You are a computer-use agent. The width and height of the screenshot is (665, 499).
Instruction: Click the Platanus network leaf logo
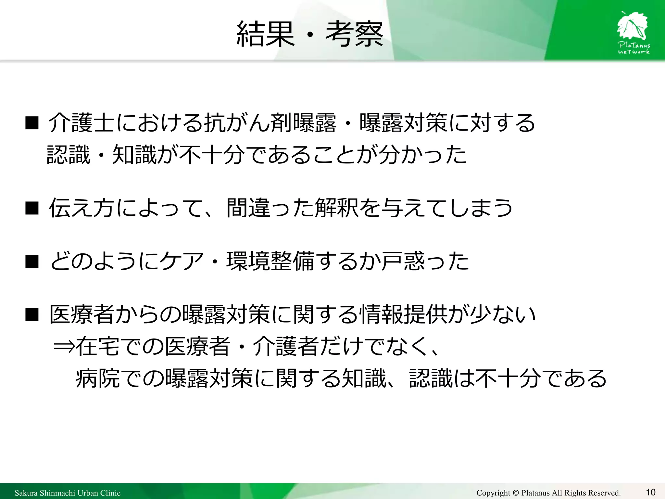click(x=633, y=32)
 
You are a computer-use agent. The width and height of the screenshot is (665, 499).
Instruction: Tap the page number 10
click(x=650, y=492)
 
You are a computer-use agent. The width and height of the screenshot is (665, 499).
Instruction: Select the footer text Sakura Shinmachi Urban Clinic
click(x=68, y=493)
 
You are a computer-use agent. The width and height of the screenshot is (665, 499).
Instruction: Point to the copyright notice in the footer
click(x=548, y=493)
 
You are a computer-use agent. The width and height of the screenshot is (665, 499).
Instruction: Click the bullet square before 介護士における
click(x=32, y=123)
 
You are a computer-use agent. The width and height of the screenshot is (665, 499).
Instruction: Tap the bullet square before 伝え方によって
click(x=32, y=208)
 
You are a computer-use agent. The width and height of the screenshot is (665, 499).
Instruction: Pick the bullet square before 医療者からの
click(x=32, y=314)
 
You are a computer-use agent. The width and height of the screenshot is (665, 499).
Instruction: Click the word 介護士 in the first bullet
click(x=81, y=123)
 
